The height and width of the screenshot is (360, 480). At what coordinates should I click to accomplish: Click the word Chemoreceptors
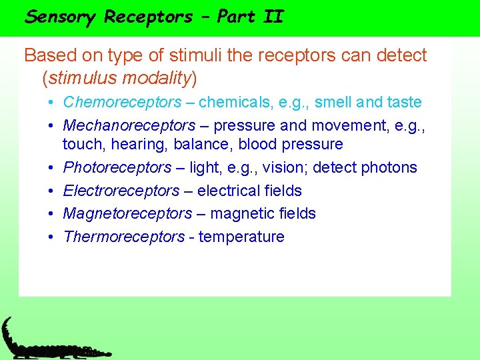122,103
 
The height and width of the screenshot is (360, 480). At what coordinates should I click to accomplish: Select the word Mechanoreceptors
129,125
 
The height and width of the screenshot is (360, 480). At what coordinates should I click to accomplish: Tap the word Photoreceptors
117,167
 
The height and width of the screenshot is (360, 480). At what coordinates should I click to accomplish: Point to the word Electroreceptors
121,191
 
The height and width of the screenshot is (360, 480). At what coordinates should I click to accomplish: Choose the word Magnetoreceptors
127,213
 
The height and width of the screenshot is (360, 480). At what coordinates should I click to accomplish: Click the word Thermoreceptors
124,237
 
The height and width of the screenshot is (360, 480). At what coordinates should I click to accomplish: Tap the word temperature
241,237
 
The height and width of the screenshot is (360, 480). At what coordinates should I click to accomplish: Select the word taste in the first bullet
405,103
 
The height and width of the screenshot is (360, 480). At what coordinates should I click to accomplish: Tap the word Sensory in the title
60,17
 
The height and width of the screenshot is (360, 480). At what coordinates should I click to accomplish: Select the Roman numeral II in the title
273,17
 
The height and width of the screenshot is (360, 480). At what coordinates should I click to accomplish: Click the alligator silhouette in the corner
47,343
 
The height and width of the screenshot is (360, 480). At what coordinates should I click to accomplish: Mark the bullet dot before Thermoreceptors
51,237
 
